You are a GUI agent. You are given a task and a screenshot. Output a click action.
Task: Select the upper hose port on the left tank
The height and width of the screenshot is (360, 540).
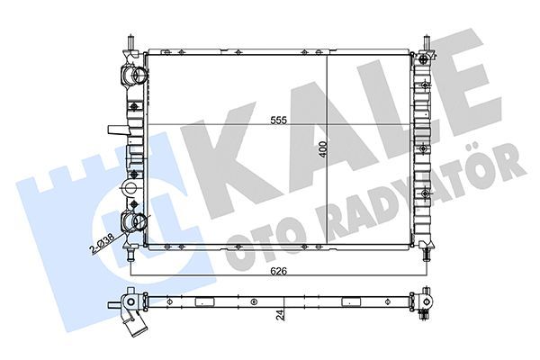coord(131,76)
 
